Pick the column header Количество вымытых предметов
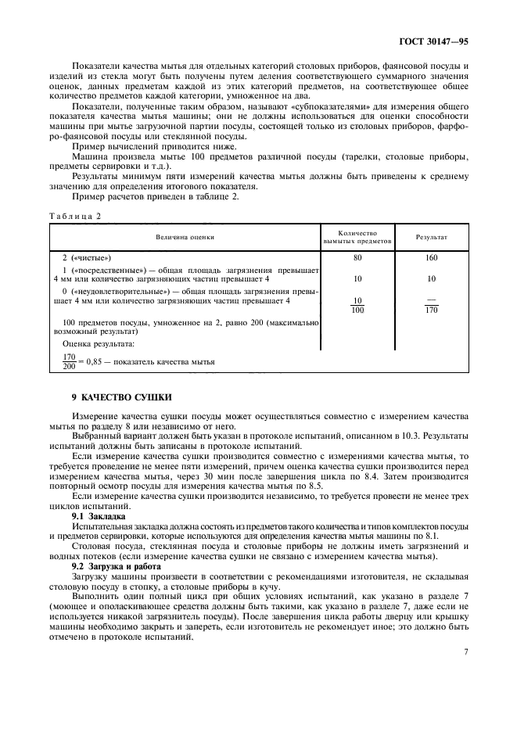357,236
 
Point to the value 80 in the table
357,257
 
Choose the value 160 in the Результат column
432,257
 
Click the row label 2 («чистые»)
87,257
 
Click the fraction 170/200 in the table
69,361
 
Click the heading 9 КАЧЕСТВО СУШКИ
121,398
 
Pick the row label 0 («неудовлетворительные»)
117,290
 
